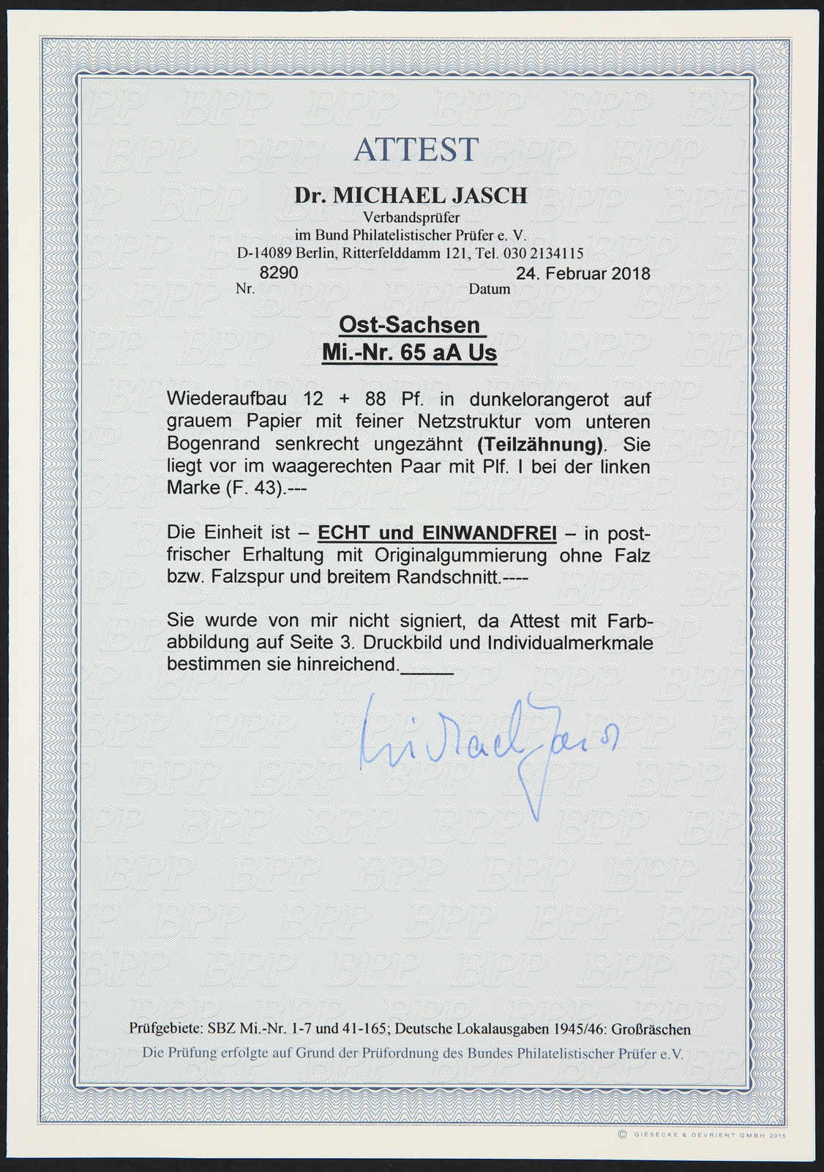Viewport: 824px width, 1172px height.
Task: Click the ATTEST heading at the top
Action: tap(416, 149)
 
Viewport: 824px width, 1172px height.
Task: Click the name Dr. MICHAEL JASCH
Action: tap(411, 195)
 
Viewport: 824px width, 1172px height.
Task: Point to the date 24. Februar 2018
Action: tap(583, 274)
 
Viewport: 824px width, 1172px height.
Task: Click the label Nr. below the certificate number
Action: tap(245, 289)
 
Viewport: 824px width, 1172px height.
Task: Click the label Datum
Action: tap(489, 289)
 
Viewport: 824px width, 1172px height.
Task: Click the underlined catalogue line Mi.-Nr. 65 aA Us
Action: tap(409, 353)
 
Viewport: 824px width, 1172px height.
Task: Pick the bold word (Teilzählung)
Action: tap(542, 444)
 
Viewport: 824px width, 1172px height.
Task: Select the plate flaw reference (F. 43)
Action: tap(258, 488)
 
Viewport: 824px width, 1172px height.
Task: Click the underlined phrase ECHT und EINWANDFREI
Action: tap(437, 532)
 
